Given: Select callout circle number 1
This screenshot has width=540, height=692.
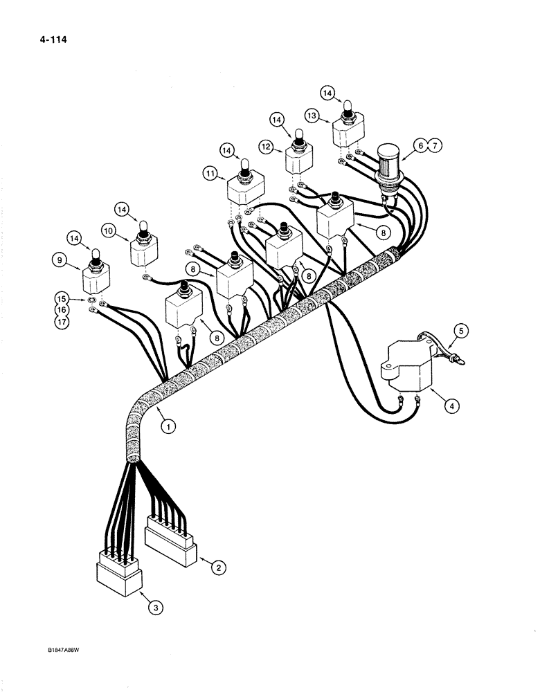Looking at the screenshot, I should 166,427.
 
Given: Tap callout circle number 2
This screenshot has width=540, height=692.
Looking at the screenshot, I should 218,568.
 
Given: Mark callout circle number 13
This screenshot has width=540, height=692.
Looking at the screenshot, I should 312,115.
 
